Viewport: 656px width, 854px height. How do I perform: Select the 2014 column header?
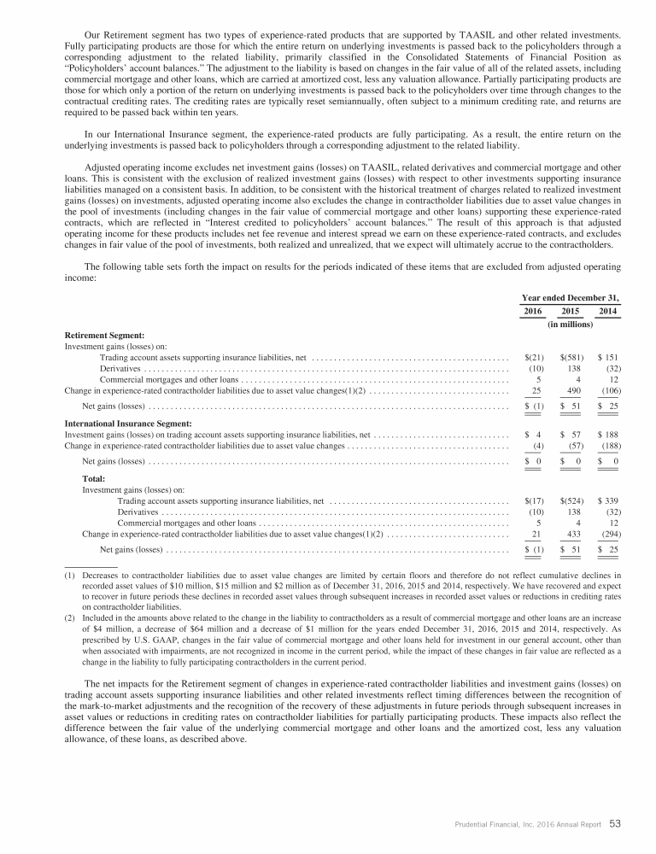pos(608,312)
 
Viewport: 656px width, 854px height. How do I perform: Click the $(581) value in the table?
pos(571,356)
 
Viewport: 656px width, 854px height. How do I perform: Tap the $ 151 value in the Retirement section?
pos(607,356)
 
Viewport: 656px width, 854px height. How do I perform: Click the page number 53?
pos(615,824)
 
